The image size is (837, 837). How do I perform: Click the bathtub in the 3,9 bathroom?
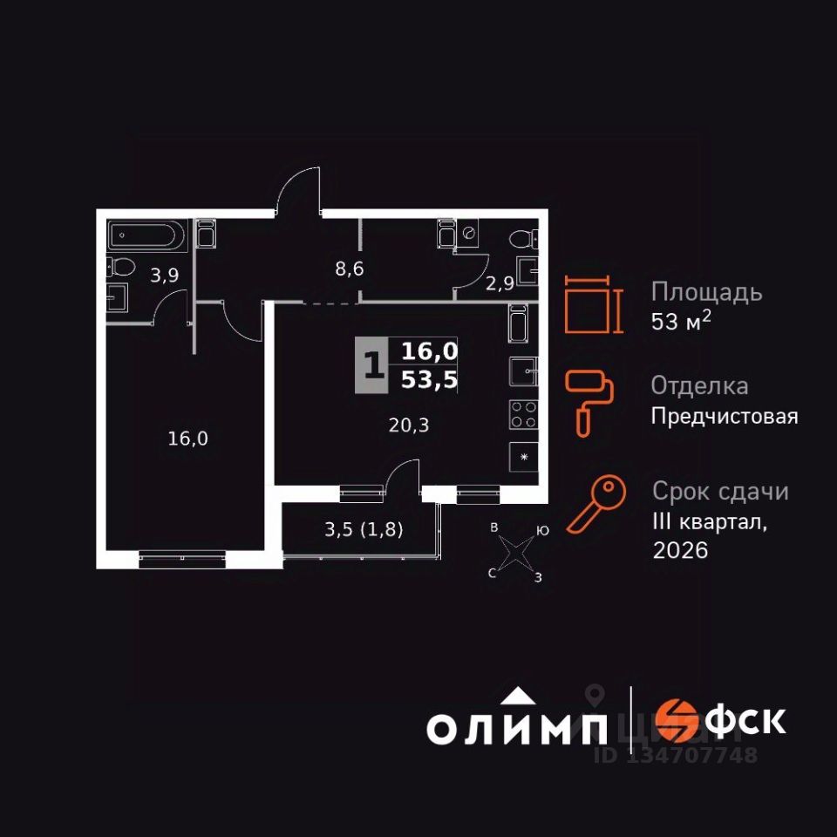coord(146,235)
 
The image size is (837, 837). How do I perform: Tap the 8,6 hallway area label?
coord(349,269)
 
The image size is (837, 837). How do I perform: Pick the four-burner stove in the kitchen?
coord(523,413)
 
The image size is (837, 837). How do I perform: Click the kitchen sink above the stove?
coord(523,372)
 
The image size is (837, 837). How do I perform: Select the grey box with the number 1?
coord(372,365)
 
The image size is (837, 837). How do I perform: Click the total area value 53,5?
coord(430,379)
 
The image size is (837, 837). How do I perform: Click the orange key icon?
coord(596,504)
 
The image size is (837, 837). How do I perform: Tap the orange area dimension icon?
coord(592,304)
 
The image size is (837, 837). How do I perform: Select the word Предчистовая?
coord(725,416)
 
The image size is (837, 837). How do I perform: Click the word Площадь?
coord(707,292)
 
